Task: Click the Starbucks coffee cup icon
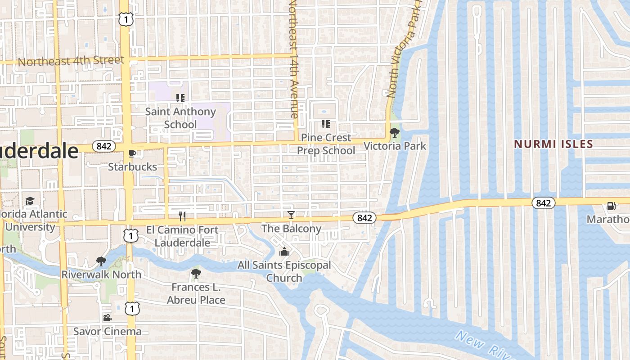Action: tap(132, 154)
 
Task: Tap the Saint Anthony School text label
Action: tap(180, 118)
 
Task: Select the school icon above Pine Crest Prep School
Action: tap(326, 124)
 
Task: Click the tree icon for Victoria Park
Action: tap(394, 133)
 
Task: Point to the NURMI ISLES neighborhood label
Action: tap(553, 144)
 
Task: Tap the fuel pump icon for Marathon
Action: tap(611, 206)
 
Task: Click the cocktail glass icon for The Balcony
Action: tap(291, 215)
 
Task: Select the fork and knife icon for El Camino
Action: tap(182, 216)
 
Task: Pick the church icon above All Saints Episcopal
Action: tap(284, 252)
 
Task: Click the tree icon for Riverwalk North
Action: tap(101, 261)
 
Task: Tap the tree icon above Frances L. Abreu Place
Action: tap(196, 274)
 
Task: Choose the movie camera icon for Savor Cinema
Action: tap(107, 318)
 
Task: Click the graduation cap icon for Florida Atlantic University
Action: tap(30, 201)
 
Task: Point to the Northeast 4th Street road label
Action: tap(71, 61)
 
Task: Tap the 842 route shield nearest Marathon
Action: tap(543, 203)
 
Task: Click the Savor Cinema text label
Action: tap(108, 332)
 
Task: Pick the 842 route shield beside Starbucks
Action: tap(103, 146)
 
